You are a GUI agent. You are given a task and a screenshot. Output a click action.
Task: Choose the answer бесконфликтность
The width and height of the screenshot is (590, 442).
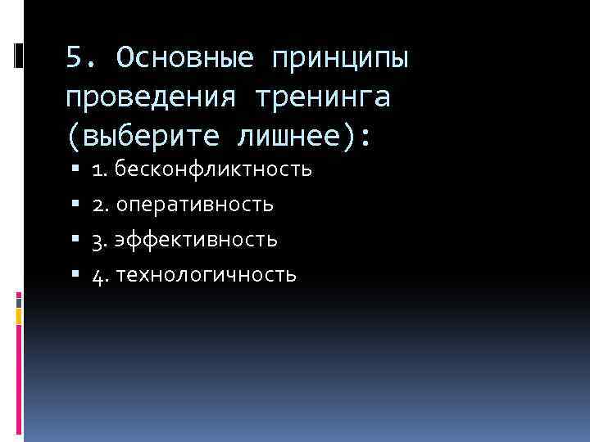pos(214,169)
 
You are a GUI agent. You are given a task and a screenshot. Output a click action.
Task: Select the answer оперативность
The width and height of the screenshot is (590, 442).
pos(195,205)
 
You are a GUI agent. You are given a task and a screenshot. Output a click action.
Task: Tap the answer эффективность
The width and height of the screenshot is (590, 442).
pos(197,240)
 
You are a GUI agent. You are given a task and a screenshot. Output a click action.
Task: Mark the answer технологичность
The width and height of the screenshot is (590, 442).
pos(206,275)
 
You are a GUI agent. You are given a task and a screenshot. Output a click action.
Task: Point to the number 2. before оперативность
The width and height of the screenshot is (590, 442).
pos(101,205)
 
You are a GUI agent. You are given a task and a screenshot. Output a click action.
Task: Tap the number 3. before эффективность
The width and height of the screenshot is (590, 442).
pos(101,240)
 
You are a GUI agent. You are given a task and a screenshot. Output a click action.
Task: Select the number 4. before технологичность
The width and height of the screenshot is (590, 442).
pos(101,275)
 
